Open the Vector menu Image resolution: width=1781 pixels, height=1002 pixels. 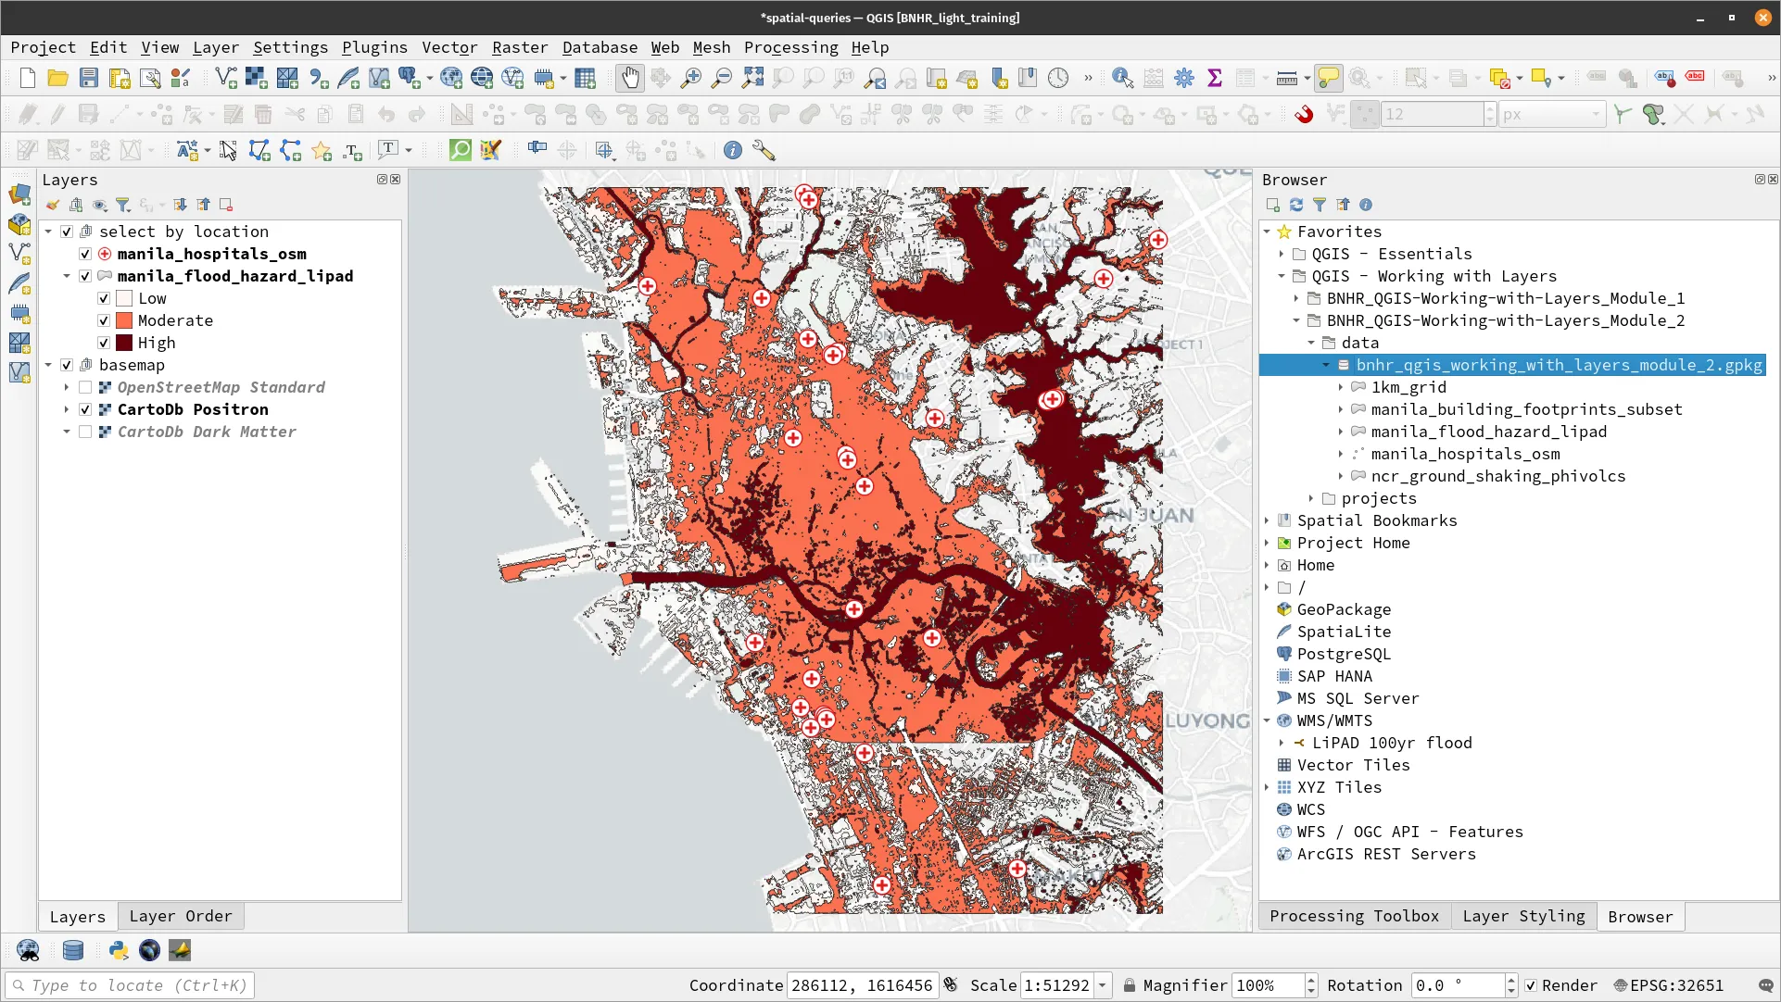[x=449, y=47]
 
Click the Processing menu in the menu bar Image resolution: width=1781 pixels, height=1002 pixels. [x=790, y=47]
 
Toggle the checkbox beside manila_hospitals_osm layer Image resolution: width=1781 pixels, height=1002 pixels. [x=85, y=254]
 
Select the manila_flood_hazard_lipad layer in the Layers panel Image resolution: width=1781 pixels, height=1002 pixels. [x=234, y=276]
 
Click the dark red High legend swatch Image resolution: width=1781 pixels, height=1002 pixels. [x=124, y=343]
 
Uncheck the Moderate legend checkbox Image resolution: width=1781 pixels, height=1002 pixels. [x=104, y=320]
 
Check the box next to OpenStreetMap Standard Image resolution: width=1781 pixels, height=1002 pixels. [x=85, y=387]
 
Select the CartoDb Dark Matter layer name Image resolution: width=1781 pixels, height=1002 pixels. [x=206, y=432]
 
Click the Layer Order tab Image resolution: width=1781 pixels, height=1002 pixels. [x=181, y=916]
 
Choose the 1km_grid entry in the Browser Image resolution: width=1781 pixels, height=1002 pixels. [x=1408, y=387]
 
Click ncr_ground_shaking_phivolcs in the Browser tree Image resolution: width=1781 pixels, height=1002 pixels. [x=1497, y=476]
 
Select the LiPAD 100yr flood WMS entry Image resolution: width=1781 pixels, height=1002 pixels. [x=1392, y=743]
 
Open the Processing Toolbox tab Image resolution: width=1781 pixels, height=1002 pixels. [x=1354, y=916]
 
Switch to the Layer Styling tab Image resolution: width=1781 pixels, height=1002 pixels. [x=1523, y=916]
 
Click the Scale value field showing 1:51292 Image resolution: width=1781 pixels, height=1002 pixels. [x=1056, y=985]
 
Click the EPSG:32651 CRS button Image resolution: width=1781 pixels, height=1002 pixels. [x=1668, y=985]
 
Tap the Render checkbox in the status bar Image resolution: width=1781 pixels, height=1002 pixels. [x=1531, y=985]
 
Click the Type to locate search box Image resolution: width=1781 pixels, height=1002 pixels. [x=130, y=985]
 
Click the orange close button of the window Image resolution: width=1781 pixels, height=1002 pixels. [x=1762, y=18]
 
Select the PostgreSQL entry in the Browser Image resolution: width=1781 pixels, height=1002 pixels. [x=1343, y=654]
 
